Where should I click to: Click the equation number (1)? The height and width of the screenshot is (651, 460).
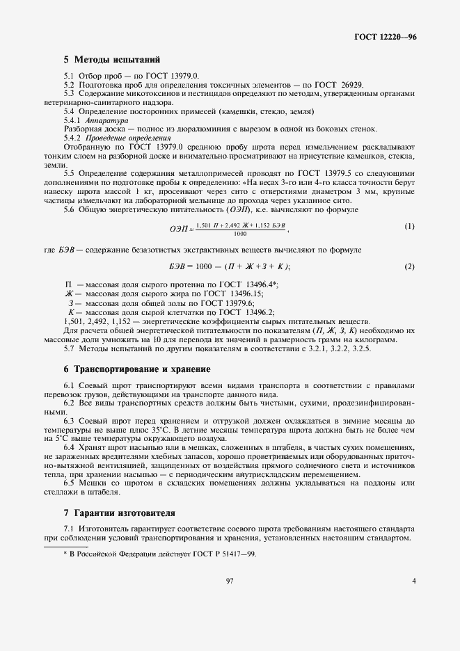[410, 227]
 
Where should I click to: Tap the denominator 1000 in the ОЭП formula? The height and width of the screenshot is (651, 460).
[240, 234]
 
